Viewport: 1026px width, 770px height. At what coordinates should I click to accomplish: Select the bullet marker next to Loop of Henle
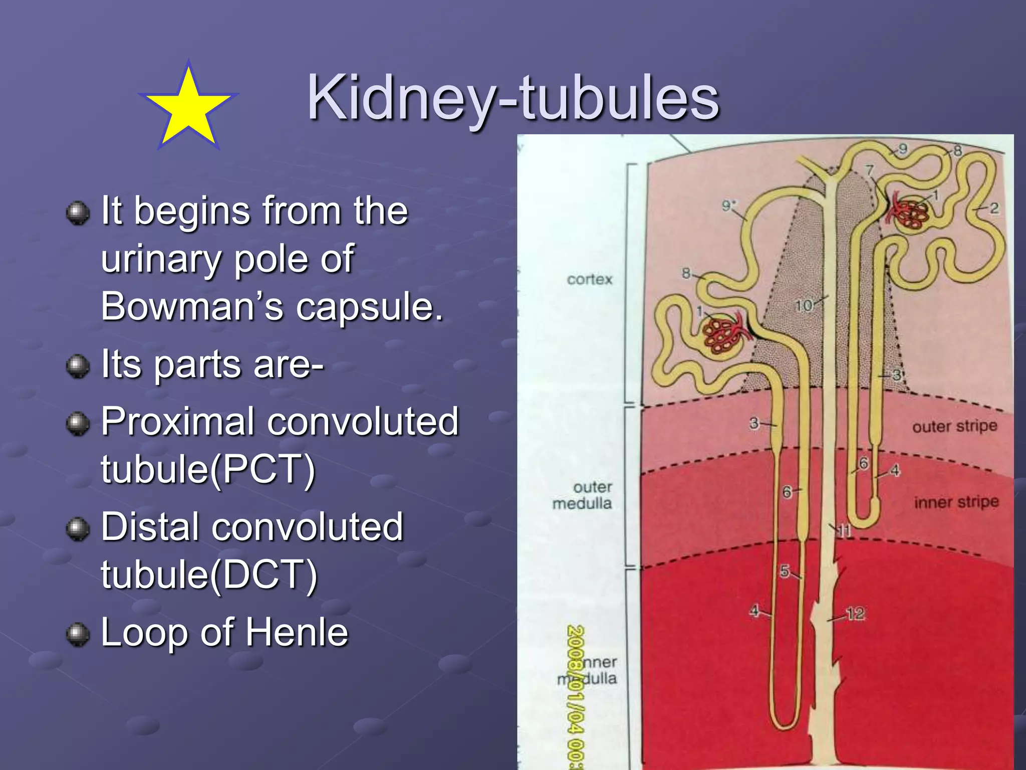78,634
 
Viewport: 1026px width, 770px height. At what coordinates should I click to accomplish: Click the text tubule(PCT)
208,469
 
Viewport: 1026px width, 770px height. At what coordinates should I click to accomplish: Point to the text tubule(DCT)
209,574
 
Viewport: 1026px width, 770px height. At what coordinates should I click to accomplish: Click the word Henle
297,632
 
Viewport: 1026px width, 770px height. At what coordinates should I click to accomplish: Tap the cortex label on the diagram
590,279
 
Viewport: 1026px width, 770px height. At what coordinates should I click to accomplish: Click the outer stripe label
954,427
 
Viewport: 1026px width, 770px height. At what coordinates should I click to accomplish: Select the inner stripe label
956,502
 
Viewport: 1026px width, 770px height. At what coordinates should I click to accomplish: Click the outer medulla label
583,495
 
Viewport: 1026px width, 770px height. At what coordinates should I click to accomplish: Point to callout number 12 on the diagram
855,614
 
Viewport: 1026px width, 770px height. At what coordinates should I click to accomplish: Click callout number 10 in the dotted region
804,305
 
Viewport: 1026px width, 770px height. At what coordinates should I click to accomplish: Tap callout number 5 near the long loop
785,571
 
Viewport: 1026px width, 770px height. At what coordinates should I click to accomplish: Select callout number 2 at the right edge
994,208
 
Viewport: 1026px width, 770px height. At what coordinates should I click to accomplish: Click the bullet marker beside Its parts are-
78,366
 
